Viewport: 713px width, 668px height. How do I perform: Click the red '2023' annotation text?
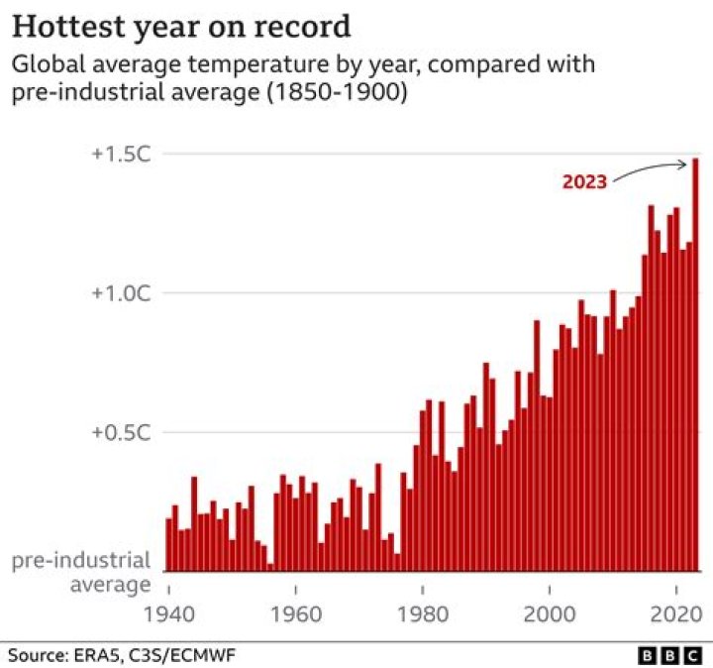[x=584, y=182]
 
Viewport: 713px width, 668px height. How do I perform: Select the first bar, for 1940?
[x=169, y=545]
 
